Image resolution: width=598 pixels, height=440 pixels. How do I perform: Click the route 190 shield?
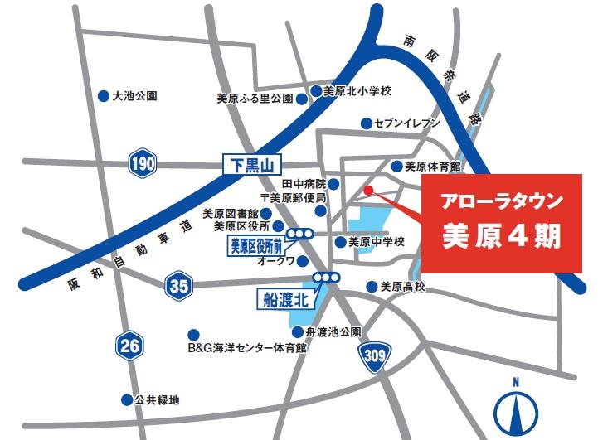143,164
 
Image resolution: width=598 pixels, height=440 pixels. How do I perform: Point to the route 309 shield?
373,355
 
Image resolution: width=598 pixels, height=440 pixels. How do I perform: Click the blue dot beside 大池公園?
104,96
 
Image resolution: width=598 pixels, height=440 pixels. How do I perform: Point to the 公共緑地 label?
158,399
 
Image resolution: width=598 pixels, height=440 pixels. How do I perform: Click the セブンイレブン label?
407,123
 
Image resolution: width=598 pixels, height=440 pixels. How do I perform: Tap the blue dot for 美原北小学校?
316,91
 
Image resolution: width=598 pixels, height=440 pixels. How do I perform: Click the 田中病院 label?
304,183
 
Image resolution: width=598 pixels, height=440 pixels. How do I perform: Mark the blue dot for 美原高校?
372,287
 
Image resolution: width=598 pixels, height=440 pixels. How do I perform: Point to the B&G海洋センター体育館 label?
246,348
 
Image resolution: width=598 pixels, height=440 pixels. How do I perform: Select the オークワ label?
276,260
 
